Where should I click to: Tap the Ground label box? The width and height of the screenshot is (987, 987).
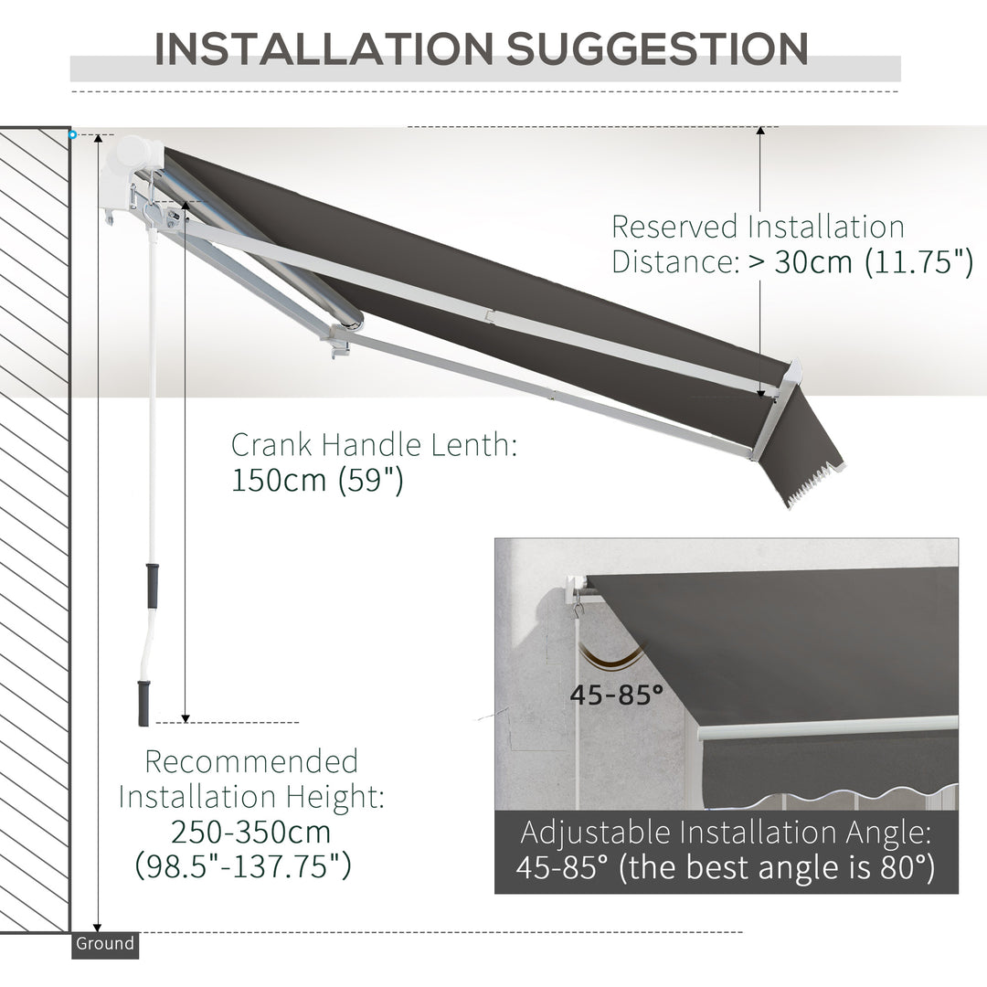coord(104,944)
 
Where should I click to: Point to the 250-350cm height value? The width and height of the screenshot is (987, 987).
coord(250,832)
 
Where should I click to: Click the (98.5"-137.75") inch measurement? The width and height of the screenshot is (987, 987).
coord(243,865)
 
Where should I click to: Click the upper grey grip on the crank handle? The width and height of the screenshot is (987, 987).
coord(152,585)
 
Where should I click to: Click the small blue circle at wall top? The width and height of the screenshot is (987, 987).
coord(72,134)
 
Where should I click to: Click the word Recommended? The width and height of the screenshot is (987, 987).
coord(251,761)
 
